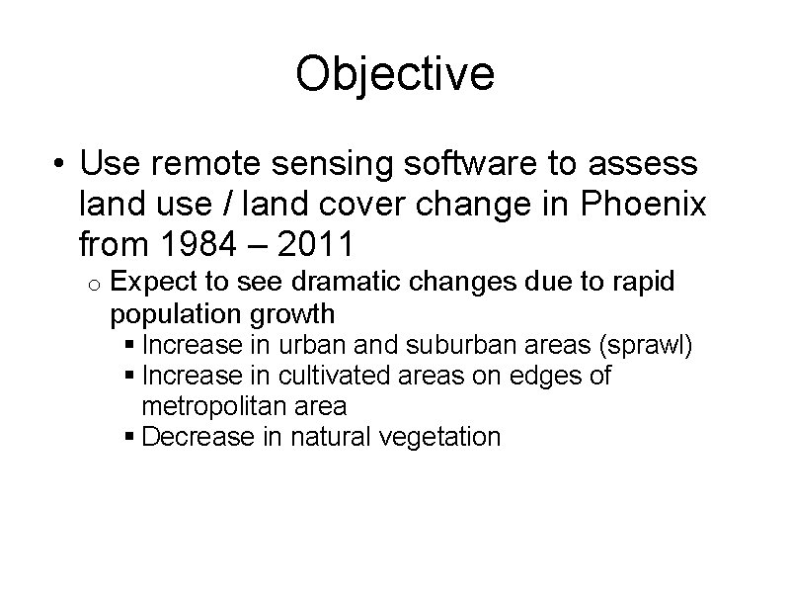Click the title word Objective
pos(395,74)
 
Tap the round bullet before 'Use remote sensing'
pos(62,161)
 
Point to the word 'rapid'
pos(642,284)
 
